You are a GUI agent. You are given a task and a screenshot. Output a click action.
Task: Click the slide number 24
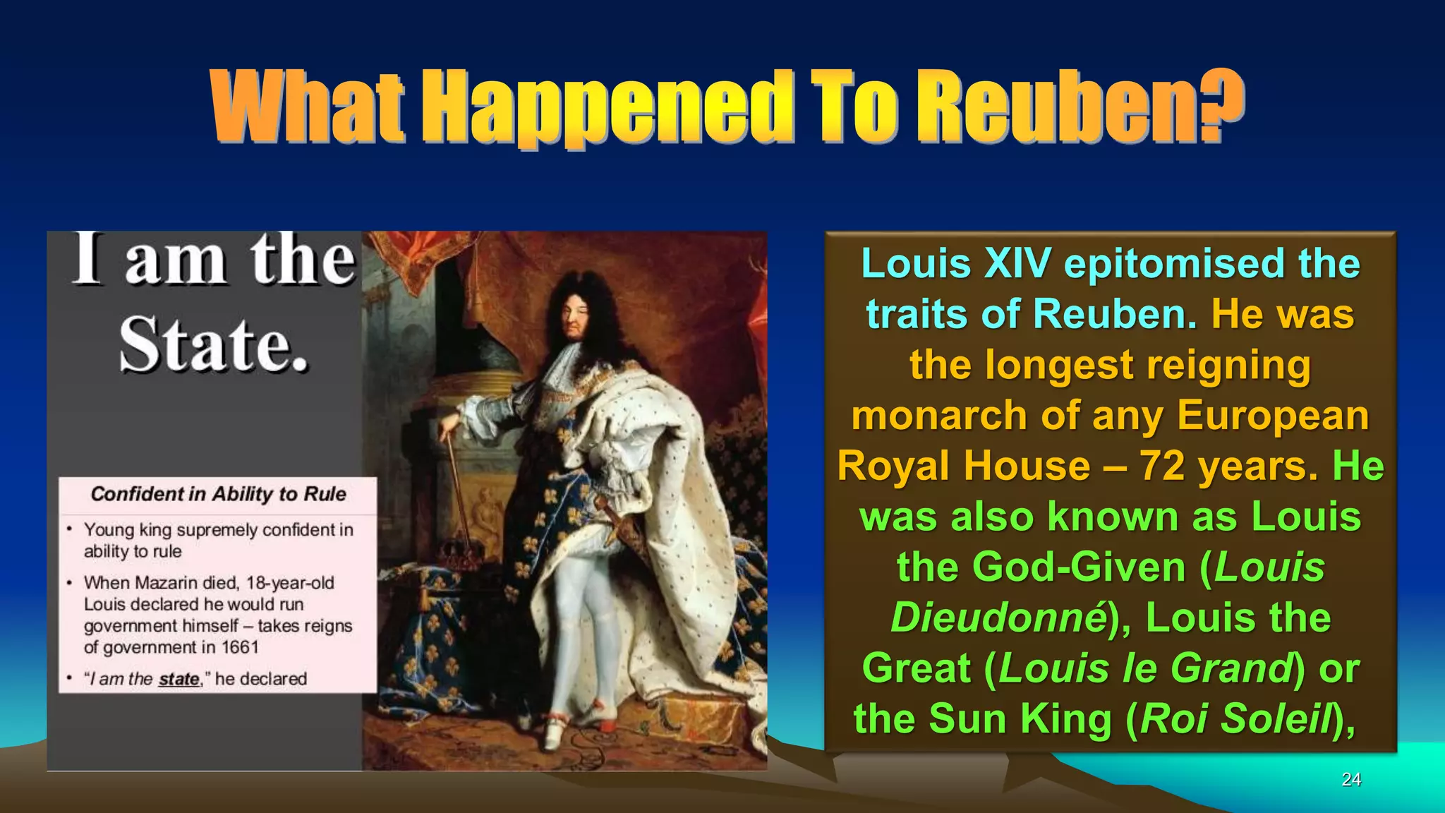1351,779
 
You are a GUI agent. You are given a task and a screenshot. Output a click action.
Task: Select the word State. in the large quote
214,344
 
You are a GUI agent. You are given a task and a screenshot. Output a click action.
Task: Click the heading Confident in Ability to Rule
218,494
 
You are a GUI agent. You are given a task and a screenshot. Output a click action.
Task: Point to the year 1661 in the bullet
240,647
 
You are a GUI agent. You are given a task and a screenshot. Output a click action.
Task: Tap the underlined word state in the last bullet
179,679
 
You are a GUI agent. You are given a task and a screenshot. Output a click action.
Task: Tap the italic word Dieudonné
998,618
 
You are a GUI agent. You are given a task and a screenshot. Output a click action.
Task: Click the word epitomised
1175,263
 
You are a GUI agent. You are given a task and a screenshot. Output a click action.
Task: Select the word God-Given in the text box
1079,567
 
